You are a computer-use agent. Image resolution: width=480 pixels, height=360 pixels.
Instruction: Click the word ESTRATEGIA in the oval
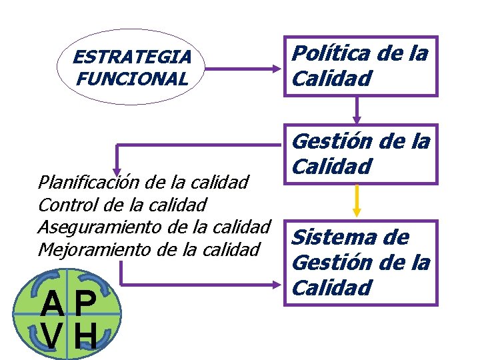click(132, 57)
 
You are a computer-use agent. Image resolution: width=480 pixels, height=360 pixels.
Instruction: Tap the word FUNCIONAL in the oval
click(132, 79)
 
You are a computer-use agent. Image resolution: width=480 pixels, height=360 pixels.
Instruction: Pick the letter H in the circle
click(85, 337)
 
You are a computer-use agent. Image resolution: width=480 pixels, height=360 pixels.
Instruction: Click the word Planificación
click(81, 181)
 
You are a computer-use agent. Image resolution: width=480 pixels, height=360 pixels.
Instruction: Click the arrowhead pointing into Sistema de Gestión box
click(278, 286)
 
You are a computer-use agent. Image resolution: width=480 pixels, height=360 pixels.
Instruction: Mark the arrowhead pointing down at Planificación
click(117, 170)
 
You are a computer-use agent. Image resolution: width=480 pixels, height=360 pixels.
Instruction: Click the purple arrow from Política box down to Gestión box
click(357, 110)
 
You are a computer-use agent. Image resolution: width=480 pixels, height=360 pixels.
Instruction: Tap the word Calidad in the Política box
click(323, 79)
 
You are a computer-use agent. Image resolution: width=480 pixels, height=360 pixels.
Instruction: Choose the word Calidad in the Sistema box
click(323, 288)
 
